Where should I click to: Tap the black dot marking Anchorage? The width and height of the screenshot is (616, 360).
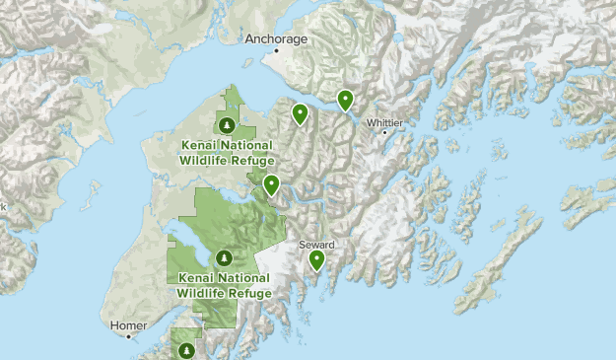point(277,48)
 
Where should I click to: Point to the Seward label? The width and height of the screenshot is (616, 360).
point(317,244)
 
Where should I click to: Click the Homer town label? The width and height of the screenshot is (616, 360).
point(129,325)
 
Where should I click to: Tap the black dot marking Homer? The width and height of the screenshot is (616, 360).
point(127,336)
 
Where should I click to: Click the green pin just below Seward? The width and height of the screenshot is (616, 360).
point(317,260)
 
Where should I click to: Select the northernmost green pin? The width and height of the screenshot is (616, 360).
point(345,100)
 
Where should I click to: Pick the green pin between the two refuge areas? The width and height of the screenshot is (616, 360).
point(271,184)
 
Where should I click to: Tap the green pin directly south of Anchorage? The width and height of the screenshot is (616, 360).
point(299,114)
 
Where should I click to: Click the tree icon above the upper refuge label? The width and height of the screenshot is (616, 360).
point(227,125)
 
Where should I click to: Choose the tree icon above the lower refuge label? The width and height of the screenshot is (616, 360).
point(224,258)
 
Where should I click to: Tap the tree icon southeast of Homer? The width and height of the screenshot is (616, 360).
point(185,350)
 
